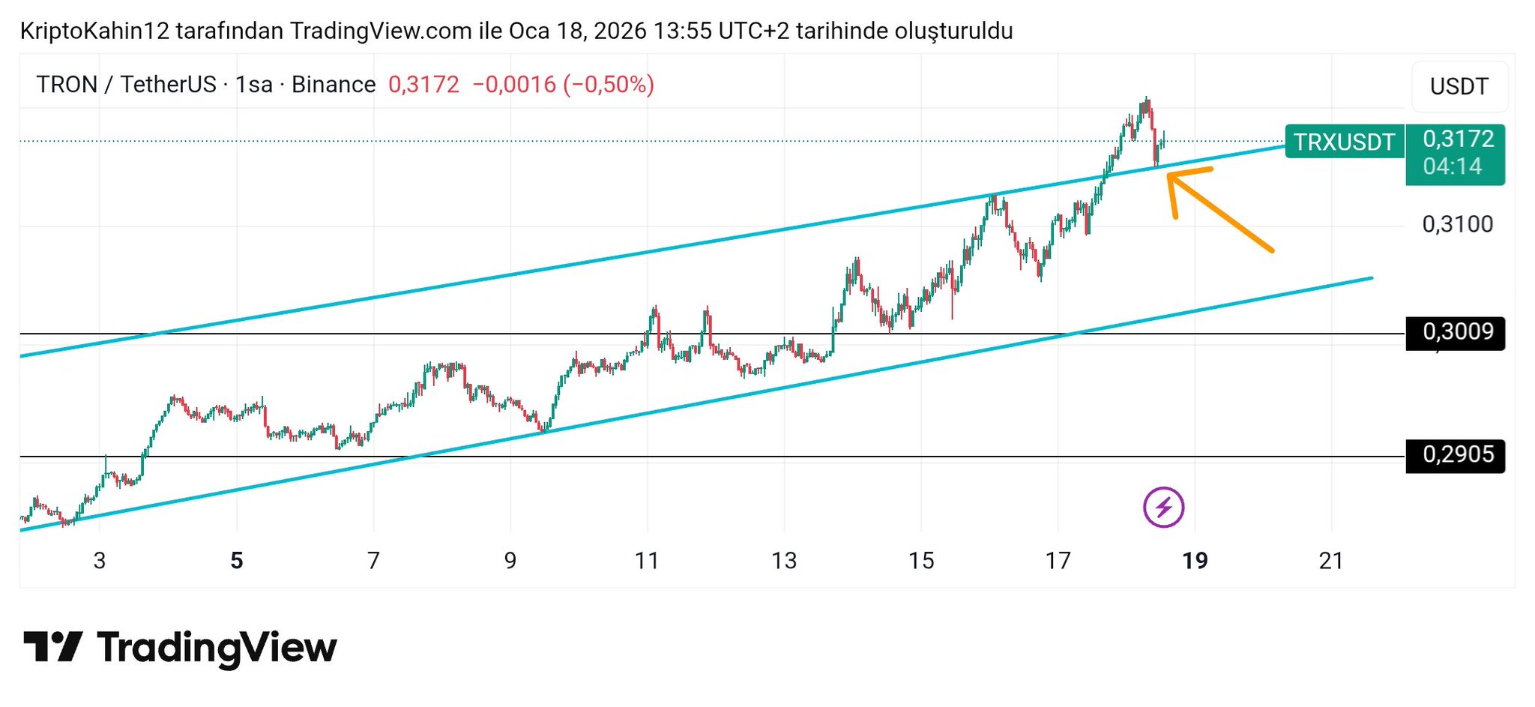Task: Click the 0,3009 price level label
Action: [1457, 331]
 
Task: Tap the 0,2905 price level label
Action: [1457, 454]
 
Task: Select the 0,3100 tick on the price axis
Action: [1457, 224]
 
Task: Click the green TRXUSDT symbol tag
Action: [1344, 142]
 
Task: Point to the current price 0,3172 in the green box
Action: [1458, 139]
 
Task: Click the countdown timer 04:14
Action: [1453, 166]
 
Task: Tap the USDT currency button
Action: [1459, 86]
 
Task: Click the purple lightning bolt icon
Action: [1163, 508]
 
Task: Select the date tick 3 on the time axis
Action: [100, 561]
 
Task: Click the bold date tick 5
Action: [237, 561]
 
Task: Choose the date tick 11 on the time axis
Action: [647, 561]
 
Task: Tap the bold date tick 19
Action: [1195, 561]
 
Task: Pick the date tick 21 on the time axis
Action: [1331, 561]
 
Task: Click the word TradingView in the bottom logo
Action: [217, 648]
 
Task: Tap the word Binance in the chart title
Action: [334, 85]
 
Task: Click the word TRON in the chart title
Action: [67, 85]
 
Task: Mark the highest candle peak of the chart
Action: [1146, 98]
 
